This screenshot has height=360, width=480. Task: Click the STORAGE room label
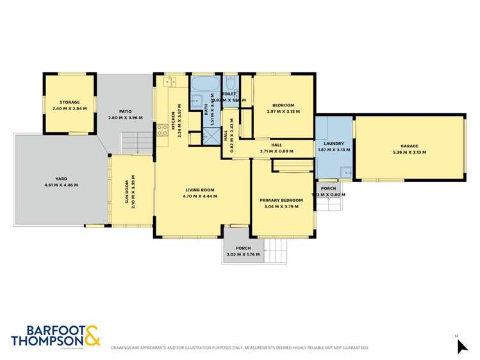click(x=69, y=102)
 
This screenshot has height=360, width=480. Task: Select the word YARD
click(x=61, y=179)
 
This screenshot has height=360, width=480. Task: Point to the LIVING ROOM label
click(x=200, y=190)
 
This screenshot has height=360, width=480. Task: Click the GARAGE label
click(x=409, y=145)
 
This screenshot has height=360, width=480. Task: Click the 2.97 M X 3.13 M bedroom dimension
click(x=283, y=111)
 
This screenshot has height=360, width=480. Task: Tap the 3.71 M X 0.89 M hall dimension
click(x=277, y=151)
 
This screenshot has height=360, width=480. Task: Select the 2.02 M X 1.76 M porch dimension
click(x=243, y=255)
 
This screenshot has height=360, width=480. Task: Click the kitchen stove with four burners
click(x=162, y=130)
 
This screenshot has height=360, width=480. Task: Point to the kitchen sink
click(x=171, y=81)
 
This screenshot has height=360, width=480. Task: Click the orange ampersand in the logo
click(x=91, y=336)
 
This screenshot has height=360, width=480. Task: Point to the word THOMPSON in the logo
click(x=47, y=341)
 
